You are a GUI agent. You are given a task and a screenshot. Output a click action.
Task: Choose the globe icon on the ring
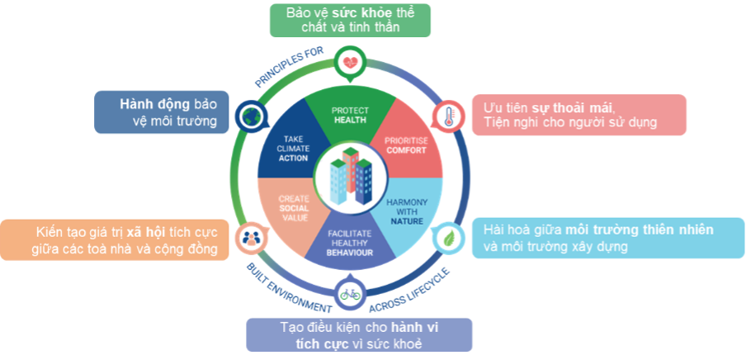click(x=248, y=116)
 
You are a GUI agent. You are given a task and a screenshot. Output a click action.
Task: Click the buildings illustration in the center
click(x=349, y=176)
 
